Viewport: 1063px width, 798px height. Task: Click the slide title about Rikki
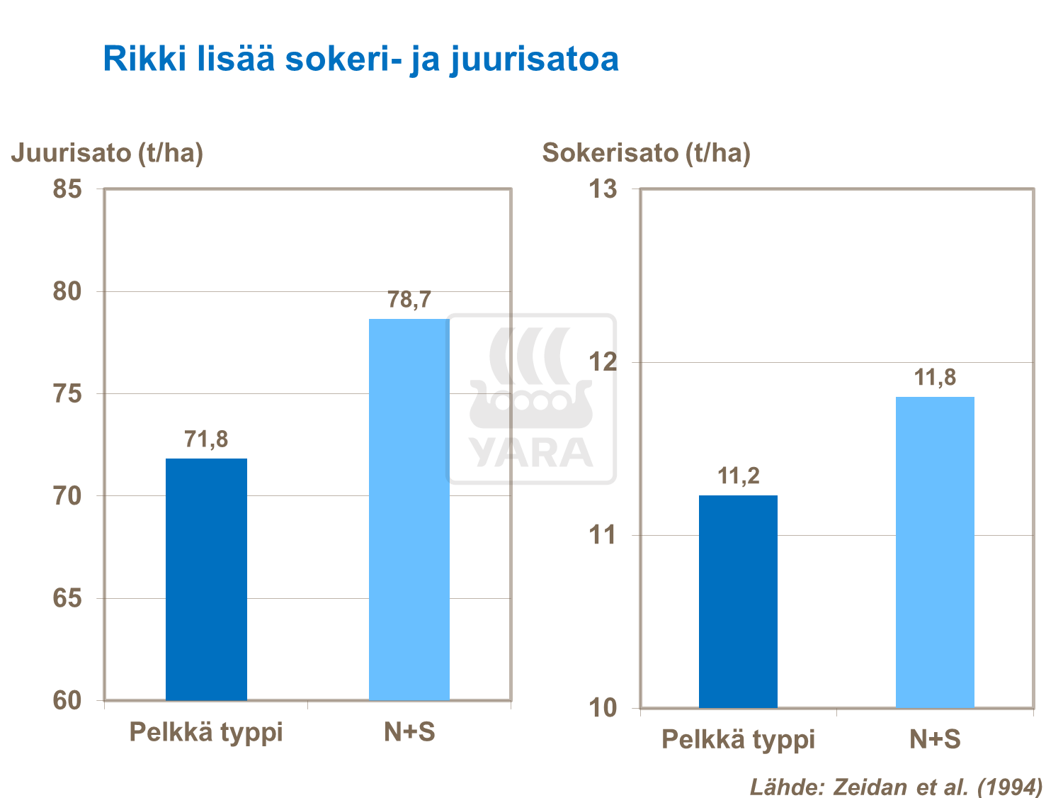click(360, 59)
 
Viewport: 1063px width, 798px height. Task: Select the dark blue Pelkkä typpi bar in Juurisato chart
click(206, 579)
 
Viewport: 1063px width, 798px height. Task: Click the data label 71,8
click(206, 439)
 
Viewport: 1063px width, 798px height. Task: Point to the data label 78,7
click(409, 300)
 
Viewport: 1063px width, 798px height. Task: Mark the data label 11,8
click(935, 378)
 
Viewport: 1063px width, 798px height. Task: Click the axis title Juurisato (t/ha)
click(107, 153)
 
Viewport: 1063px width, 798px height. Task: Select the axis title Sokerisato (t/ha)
click(646, 153)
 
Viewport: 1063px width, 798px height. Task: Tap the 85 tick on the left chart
click(67, 189)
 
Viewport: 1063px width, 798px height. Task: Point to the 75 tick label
click(67, 394)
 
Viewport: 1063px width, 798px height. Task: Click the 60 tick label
click(67, 701)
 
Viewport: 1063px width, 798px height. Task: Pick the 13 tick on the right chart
click(603, 189)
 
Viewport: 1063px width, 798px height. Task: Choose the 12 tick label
click(603, 362)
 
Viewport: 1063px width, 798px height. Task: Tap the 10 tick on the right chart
click(603, 708)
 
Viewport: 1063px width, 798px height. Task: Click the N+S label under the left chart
click(409, 732)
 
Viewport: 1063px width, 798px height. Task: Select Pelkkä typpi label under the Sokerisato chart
click(738, 740)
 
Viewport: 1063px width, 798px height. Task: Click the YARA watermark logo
click(531, 399)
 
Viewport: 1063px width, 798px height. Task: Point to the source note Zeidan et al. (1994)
click(896, 787)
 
